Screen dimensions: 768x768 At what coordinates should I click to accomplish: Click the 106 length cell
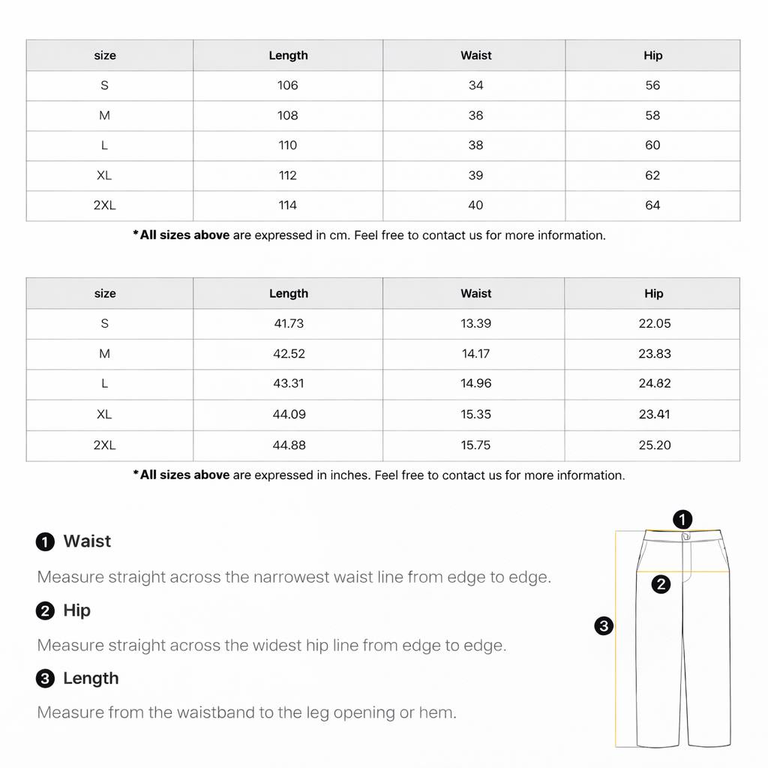point(288,85)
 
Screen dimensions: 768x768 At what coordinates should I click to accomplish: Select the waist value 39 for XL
point(475,175)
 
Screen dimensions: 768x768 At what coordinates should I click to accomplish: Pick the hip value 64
point(652,205)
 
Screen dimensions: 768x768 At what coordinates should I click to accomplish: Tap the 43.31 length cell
point(289,383)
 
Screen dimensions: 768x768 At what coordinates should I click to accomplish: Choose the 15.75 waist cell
point(475,445)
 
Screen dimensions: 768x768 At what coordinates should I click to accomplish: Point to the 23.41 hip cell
point(654,414)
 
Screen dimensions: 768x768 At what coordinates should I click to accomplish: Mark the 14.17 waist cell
point(475,353)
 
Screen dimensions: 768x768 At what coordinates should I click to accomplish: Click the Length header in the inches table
point(289,293)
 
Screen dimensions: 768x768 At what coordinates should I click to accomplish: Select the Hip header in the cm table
point(652,55)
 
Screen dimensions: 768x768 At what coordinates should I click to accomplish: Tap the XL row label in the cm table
point(104,175)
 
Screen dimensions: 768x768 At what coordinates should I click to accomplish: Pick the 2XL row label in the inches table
point(105,445)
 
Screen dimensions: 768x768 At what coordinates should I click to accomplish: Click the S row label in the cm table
point(104,85)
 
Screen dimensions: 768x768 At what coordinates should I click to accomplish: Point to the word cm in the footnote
point(339,235)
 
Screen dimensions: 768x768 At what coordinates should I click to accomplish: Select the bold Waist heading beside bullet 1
point(87,541)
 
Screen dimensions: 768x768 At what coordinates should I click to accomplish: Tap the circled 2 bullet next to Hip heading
point(46,611)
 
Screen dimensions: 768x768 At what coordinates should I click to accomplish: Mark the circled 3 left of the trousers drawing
point(604,625)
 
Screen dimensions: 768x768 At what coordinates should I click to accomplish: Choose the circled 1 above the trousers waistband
point(682,518)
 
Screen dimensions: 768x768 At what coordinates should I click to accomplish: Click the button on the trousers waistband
point(685,536)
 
